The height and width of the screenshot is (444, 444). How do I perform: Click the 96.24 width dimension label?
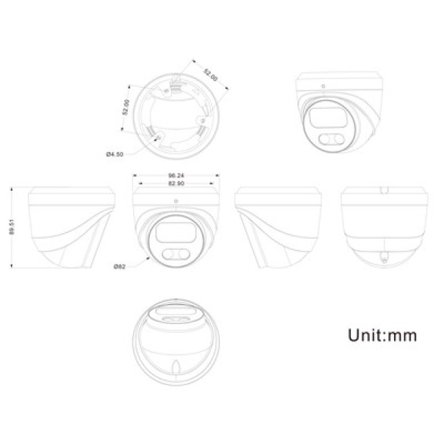pos(176,176)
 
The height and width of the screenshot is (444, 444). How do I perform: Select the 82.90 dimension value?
pos(176,184)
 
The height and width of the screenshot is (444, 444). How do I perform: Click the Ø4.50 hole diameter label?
pos(114,153)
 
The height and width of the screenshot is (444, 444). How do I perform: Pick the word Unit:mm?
pos(382,336)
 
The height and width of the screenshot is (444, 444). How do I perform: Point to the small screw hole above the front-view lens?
pos(176,202)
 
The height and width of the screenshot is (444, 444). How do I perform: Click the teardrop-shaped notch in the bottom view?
pos(178,369)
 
